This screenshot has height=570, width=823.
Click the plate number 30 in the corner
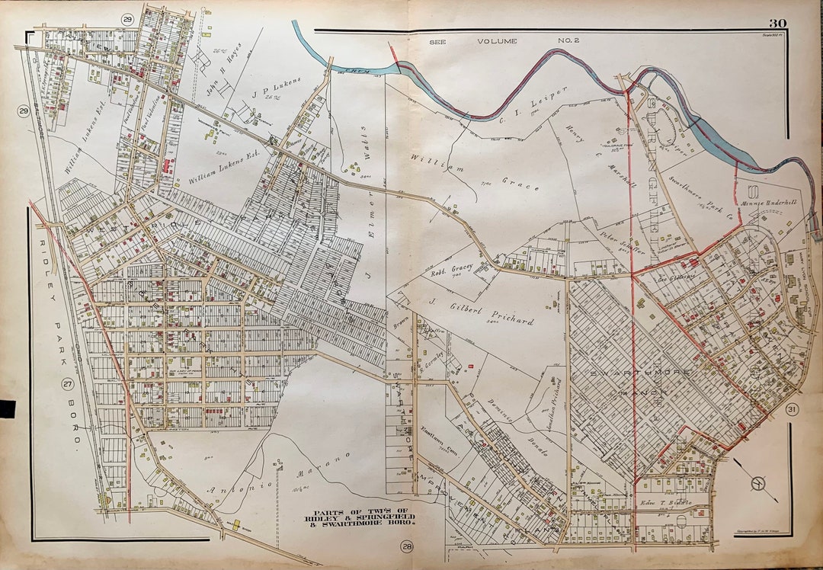click(777, 24)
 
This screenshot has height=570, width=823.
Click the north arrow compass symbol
click(756, 482)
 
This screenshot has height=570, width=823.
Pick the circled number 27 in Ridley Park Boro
click(67, 383)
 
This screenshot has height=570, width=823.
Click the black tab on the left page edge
click(7, 408)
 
